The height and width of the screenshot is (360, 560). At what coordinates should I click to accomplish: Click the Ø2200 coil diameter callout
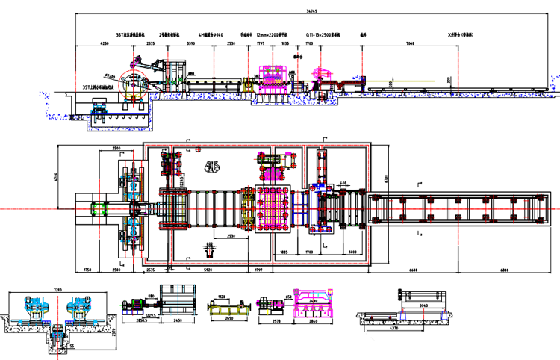click(110, 75)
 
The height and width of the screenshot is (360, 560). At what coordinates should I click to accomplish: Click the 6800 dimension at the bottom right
click(505, 270)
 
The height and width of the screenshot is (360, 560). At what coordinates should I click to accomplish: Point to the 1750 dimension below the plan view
click(87, 270)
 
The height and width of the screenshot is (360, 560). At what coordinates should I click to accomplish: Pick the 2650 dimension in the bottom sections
click(225, 317)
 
